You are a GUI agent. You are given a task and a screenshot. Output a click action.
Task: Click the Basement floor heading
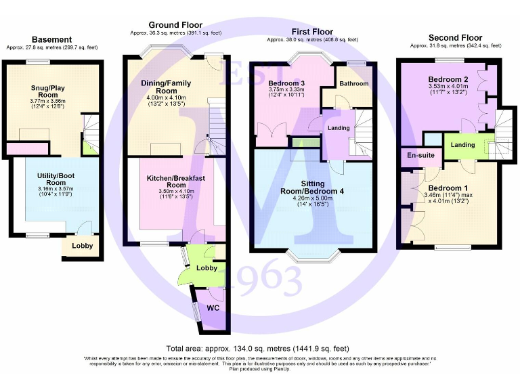pos(51,39)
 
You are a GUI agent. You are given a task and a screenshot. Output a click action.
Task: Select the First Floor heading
pos(311,32)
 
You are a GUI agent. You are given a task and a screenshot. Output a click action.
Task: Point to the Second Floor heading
pos(455,38)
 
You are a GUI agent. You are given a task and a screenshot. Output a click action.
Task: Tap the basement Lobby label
pos(83,246)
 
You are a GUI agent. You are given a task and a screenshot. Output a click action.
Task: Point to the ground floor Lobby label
pos(207,268)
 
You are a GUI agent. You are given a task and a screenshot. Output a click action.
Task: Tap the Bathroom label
pos(354,84)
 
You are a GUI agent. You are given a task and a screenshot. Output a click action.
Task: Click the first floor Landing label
pos(338,128)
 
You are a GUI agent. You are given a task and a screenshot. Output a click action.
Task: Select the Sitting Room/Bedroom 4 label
pos(312,188)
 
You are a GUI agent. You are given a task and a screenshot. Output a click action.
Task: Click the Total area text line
pos(260,347)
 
